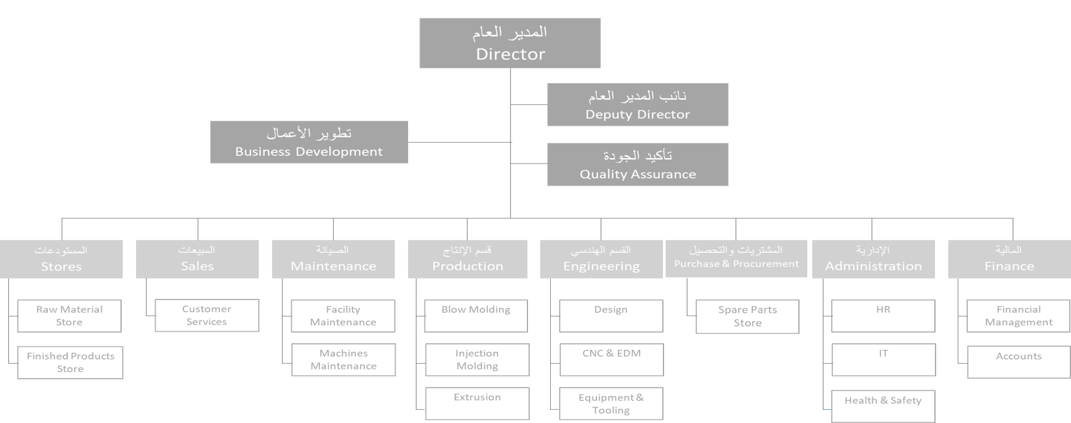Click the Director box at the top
tap(510, 43)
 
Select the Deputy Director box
tap(638, 105)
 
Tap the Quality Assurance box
tap(638, 165)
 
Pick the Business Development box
tap(309, 143)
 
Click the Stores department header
tap(61, 259)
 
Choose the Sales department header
tap(197, 259)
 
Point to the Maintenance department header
tap(333, 259)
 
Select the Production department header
tap(467, 259)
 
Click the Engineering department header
tap(601, 259)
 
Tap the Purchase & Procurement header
tap(736, 259)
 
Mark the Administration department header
tap(873, 259)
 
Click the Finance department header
tap(1009, 259)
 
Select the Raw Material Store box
tap(70, 316)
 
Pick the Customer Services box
tap(207, 315)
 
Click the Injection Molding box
tap(477, 359)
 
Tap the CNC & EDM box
tap(611, 359)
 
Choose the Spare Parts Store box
tap(747, 316)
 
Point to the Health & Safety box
tap(883, 407)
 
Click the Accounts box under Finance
tap(1019, 362)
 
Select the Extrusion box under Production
tap(477, 404)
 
